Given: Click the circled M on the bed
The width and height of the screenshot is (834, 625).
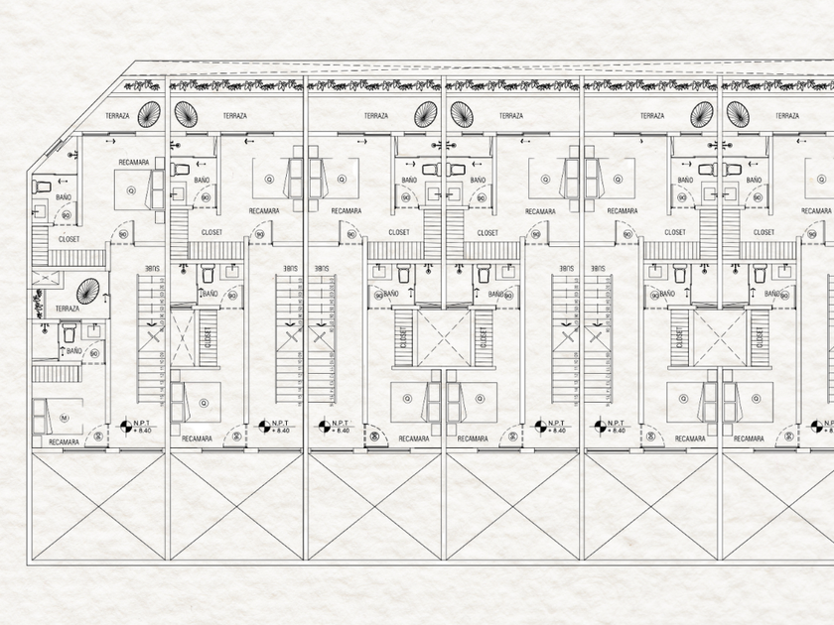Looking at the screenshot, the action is [64, 400].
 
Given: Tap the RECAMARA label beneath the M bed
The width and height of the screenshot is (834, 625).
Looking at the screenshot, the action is [63, 441].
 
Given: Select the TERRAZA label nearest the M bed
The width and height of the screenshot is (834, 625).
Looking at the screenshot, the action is [68, 309].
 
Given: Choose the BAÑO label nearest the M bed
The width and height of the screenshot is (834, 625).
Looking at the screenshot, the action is [74, 350].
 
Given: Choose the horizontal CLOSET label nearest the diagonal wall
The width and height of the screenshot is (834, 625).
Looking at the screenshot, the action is [69, 239].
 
